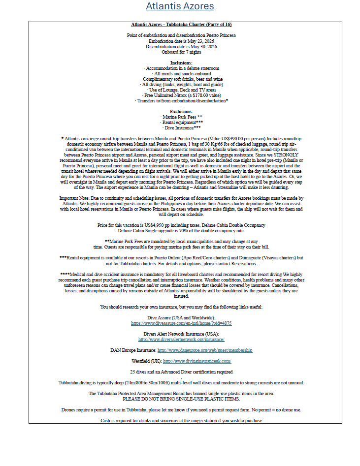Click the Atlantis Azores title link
coord(180,6)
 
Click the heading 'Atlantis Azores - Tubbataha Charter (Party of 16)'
coord(181,24)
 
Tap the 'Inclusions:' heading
coord(181,62)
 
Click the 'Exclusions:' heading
coord(181,111)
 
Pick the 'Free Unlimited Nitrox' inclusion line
coord(181,95)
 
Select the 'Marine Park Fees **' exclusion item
coord(181,117)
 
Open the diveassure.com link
coord(181,323)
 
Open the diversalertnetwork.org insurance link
coord(181,340)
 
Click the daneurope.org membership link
coord(205,350)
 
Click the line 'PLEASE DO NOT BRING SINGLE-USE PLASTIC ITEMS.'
coord(181,399)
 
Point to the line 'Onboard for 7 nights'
coord(181,52)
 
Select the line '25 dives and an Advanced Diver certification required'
coord(181,372)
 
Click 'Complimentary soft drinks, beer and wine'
coord(181,79)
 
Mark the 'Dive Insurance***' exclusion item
coord(181,127)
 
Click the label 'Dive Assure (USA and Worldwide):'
coord(181,318)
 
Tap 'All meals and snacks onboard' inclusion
coord(181,73)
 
